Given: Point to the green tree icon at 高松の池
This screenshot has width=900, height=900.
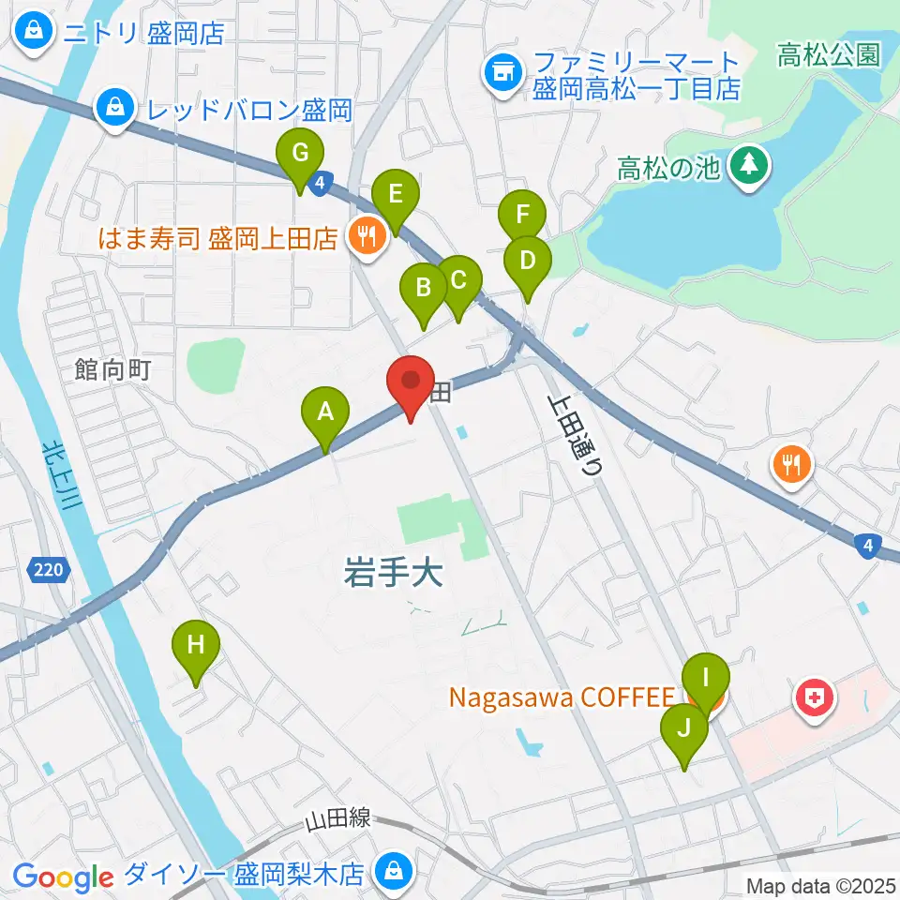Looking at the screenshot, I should pyautogui.click(x=750, y=166).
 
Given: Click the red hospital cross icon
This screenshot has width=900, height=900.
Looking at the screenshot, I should pyautogui.click(x=814, y=698).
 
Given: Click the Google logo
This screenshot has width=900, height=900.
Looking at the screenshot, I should pyautogui.click(x=62, y=877).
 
